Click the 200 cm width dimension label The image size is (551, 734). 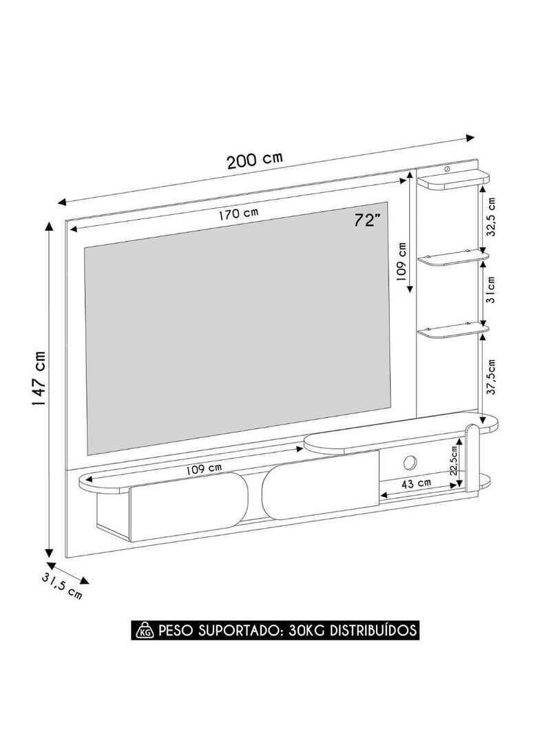point(254,160)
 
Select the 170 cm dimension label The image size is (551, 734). point(238,214)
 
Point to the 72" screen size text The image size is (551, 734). point(367,220)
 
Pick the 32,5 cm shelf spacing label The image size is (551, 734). point(491,217)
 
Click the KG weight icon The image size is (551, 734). point(145,630)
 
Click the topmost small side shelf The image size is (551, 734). point(453,182)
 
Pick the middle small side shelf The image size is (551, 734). point(453,258)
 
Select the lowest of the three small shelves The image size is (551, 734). point(453,332)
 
